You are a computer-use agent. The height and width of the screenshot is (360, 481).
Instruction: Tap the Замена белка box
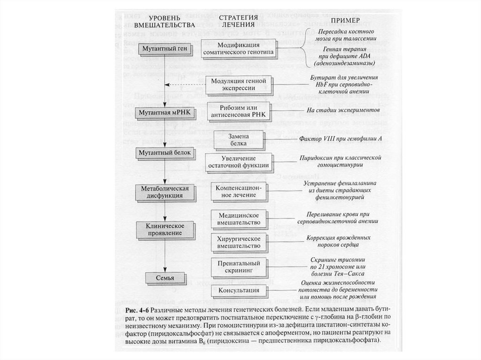tap(238, 139)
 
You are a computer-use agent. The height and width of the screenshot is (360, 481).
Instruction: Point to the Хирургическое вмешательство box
tap(239, 242)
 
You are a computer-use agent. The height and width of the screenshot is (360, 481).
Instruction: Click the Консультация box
tap(238, 291)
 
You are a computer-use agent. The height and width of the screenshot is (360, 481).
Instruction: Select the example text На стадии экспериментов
tap(340, 111)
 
